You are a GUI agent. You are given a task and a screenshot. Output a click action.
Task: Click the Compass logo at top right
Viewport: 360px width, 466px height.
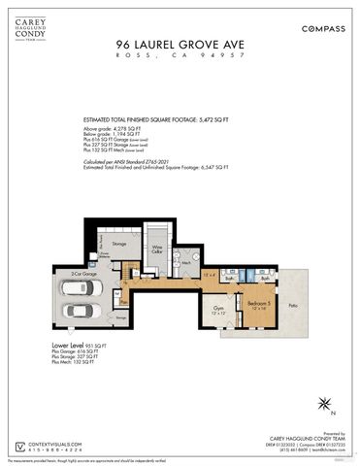pos(325,29)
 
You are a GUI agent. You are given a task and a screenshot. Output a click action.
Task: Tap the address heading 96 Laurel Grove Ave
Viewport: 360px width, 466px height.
pos(180,44)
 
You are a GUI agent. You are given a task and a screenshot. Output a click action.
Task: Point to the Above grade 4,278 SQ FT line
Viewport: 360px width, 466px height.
pos(112,127)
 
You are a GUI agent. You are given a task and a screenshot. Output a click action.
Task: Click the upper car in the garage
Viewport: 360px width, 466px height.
pos(82,291)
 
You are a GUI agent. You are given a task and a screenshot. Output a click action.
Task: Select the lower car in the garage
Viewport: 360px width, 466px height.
pos(82,313)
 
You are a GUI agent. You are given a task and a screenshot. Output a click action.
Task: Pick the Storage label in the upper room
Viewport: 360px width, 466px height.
pos(119,244)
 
